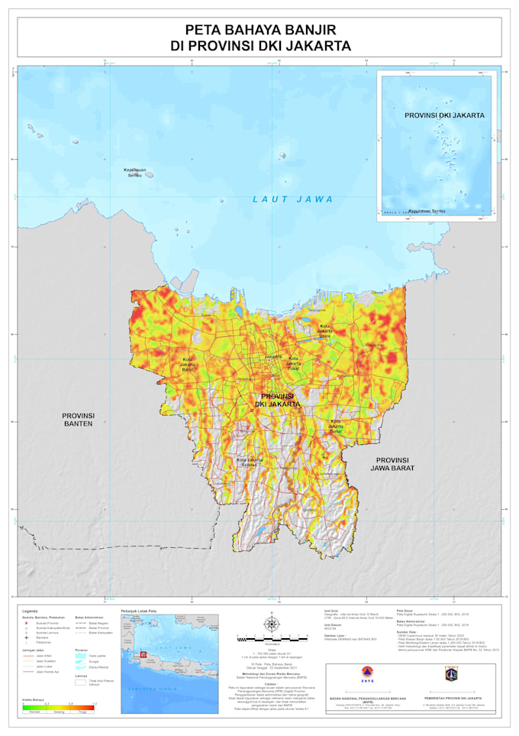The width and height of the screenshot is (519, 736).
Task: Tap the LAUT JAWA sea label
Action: tap(294, 199)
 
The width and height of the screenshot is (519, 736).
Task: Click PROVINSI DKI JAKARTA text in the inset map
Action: tap(444, 115)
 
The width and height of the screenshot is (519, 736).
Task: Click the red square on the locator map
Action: tap(141, 655)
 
